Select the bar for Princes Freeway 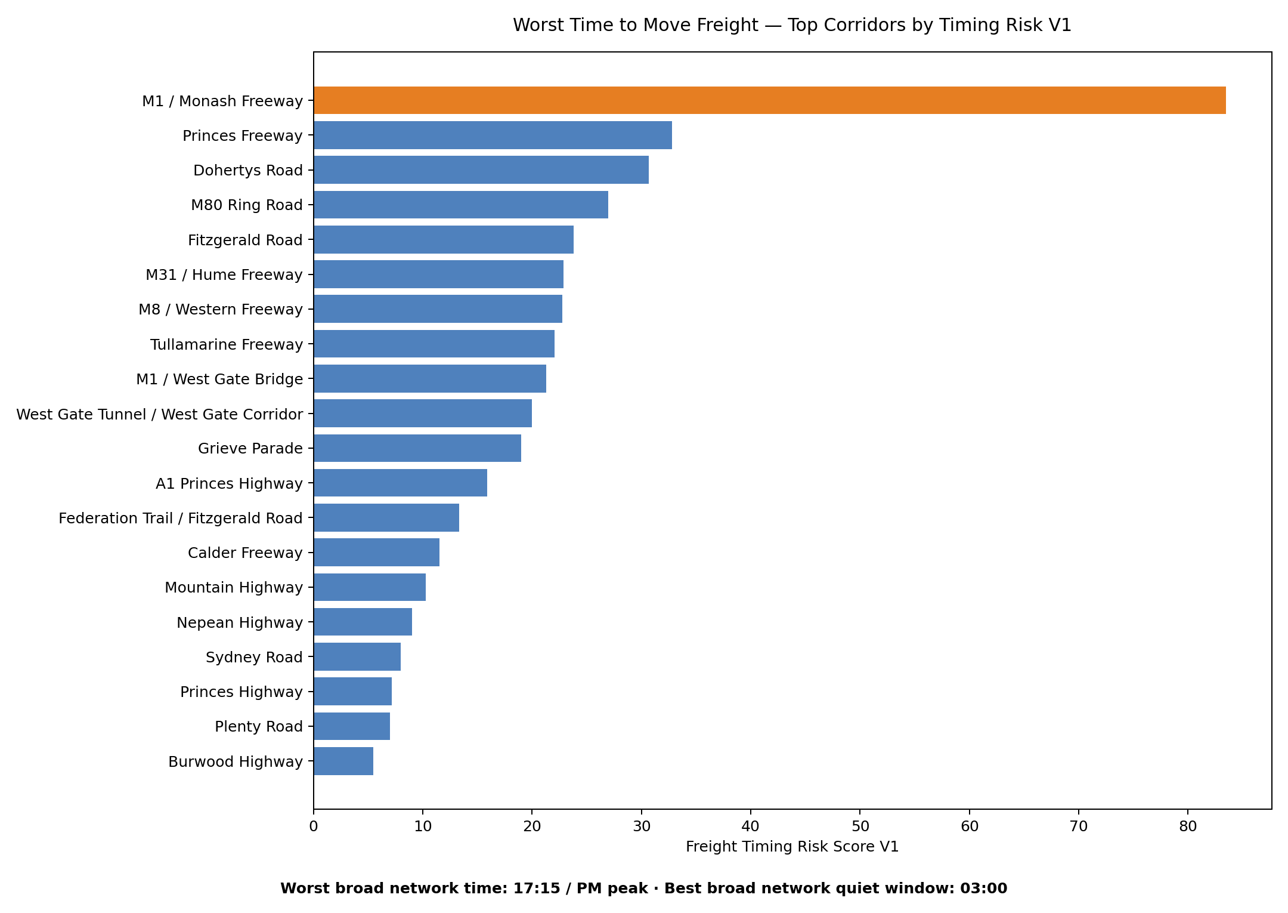pyautogui.click(x=493, y=135)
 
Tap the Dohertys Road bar pyautogui.click(x=481, y=169)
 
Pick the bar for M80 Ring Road pyautogui.click(x=461, y=205)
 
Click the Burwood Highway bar pyautogui.click(x=343, y=761)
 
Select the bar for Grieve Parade pyautogui.click(x=417, y=448)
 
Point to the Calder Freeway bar pyautogui.click(x=377, y=553)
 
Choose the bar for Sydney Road pyautogui.click(x=357, y=656)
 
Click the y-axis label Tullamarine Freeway pyautogui.click(x=227, y=344)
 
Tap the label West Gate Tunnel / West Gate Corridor pyautogui.click(x=160, y=414)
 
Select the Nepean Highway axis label pyautogui.click(x=240, y=622)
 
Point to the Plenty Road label pyautogui.click(x=259, y=726)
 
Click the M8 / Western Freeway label pyautogui.click(x=221, y=309)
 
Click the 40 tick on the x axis pyautogui.click(x=751, y=826)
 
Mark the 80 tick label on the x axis pyautogui.click(x=1188, y=826)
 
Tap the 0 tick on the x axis pyautogui.click(x=314, y=826)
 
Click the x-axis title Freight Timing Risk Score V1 pyautogui.click(x=792, y=847)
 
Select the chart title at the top pyautogui.click(x=792, y=25)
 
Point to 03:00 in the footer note pyautogui.click(x=983, y=889)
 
